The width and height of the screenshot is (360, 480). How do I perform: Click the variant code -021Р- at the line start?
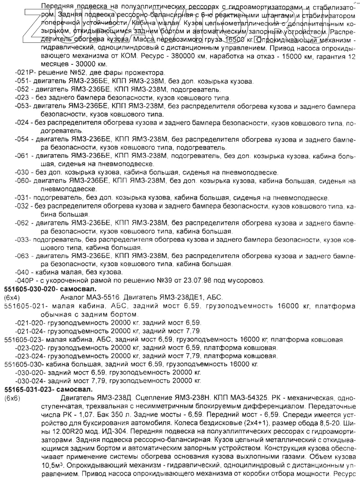coord(25,73)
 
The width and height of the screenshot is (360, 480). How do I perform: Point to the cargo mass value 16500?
coord(224,40)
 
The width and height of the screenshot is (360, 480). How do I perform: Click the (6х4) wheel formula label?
coord(12,297)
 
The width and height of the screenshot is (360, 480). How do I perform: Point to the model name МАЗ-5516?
coord(105,297)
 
